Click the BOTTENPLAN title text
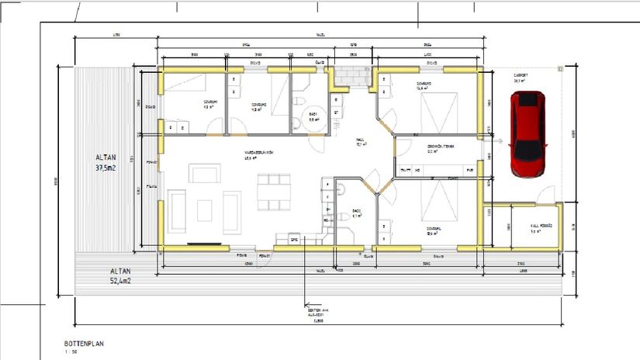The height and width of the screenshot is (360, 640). coord(84,342)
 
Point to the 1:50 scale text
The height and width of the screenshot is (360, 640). coord(71,351)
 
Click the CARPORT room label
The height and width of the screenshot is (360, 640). coord(519,76)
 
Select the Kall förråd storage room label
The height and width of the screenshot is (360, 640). coord(519,228)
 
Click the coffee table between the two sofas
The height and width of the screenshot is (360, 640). coord(206,209)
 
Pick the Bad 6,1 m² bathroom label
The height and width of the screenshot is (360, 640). coord(357,213)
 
